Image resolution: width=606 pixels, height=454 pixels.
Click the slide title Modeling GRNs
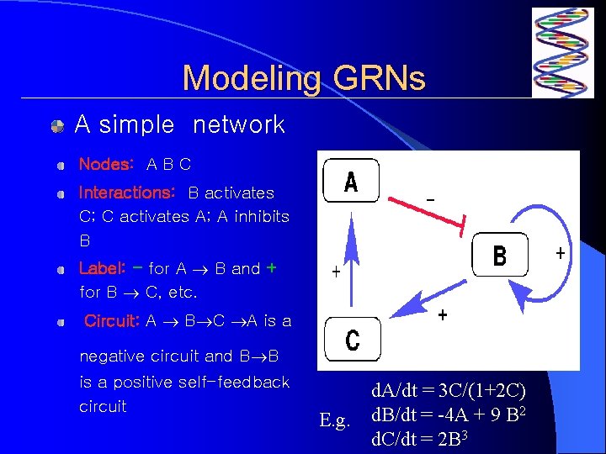[304, 79]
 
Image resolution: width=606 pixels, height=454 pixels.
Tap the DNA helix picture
[562, 53]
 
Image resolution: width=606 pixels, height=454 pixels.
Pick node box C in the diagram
[352, 340]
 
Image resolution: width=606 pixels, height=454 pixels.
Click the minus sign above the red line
[431, 199]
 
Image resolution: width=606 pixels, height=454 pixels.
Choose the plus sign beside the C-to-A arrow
[336, 272]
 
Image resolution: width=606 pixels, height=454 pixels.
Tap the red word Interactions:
[127, 193]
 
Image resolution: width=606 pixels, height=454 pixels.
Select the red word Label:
[103, 268]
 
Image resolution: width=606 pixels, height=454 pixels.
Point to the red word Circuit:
[111, 320]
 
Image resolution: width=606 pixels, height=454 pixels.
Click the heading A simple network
[179, 125]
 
